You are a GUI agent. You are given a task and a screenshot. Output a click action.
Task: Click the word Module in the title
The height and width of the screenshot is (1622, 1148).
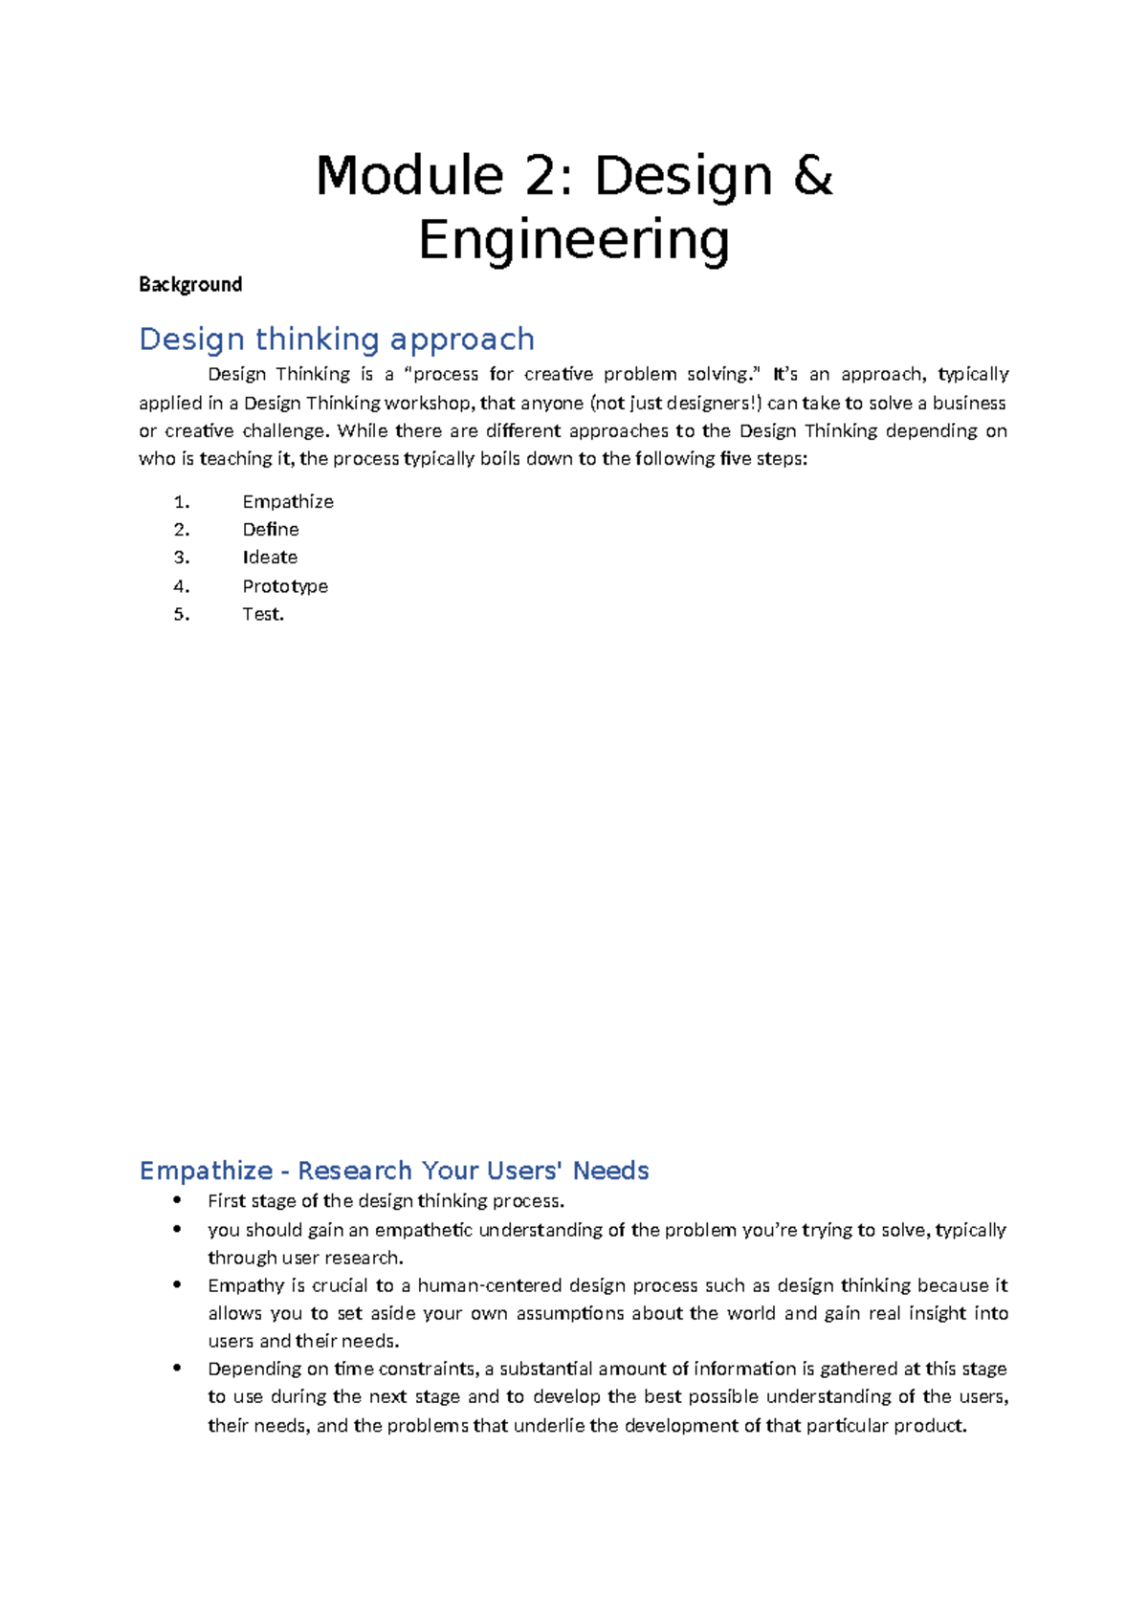pos(409,176)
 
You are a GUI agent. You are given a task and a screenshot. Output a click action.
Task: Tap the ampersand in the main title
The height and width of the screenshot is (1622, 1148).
pos(812,176)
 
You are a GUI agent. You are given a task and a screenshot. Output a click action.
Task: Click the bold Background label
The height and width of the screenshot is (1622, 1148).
pos(189,284)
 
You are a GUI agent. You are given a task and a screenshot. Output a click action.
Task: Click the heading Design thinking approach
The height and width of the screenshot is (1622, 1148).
pos(336,339)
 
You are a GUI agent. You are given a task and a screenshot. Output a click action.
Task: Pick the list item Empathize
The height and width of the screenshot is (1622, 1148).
pos(287,501)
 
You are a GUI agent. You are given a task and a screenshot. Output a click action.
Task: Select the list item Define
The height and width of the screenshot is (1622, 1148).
pos(270,529)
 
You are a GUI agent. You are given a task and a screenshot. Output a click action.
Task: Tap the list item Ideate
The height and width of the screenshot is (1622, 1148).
pos(269,557)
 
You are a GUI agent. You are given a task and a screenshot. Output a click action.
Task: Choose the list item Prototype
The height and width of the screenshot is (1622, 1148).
pos(284,585)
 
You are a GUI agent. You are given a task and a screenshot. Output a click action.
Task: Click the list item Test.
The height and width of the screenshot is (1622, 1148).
pos(262,614)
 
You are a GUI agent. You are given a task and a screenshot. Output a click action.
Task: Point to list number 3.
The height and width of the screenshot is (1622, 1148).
pos(182,557)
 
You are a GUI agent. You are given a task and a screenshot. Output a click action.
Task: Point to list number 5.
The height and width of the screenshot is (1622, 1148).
pos(182,614)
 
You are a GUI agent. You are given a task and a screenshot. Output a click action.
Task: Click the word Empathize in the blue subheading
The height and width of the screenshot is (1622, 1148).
pos(206,1171)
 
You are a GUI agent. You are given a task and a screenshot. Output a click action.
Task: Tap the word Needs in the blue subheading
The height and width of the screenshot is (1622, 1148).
pos(610,1171)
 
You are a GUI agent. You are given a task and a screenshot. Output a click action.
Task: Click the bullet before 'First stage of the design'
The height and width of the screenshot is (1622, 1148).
pos(177,1200)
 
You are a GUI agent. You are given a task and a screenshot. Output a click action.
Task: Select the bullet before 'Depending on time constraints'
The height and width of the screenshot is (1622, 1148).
pos(177,1369)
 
